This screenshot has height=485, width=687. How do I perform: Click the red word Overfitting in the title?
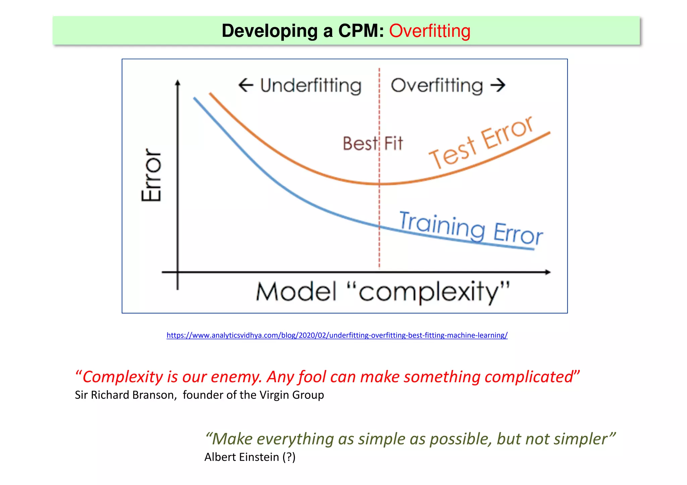coord(429,31)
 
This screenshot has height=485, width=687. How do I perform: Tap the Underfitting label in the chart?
coord(311,86)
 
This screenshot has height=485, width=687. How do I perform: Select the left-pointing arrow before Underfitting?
coord(246,85)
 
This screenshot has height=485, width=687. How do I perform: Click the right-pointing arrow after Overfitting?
coord(498,85)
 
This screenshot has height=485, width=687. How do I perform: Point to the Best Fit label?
coord(372,144)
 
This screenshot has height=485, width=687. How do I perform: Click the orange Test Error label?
coord(481,142)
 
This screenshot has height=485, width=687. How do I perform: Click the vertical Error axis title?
coord(152,175)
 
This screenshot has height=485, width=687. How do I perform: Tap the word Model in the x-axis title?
coord(296,292)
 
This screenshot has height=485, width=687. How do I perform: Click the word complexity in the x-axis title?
coord(428,292)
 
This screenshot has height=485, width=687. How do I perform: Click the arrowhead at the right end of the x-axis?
coord(547,272)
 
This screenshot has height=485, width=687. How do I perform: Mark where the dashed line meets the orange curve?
coord(379,184)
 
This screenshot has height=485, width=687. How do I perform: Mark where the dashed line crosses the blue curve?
coord(379,227)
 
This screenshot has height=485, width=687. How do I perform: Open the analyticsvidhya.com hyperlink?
coord(337,335)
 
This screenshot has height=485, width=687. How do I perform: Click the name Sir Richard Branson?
coord(125,395)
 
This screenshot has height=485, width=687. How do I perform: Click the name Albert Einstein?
coord(242,457)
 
